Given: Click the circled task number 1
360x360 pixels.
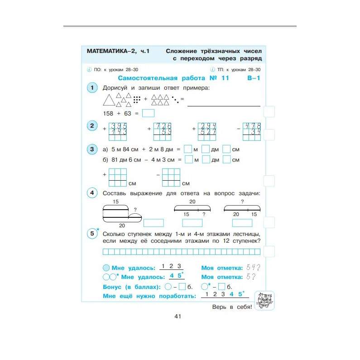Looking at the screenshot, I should click(x=92, y=87).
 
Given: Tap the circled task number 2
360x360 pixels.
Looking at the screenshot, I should click(x=92, y=126).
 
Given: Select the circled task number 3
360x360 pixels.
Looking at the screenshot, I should click(x=92, y=149).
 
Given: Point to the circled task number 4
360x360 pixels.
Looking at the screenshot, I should click(x=92, y=193).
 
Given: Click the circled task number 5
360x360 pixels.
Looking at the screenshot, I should click(x=92, y=234).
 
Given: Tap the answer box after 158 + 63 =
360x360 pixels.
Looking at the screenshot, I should click(x=148, y=114).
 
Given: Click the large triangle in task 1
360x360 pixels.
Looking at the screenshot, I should click(x=109, y=99).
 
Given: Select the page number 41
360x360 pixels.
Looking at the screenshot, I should click(x=178, y=316).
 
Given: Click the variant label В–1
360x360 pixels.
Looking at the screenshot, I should click(x=254, y=78).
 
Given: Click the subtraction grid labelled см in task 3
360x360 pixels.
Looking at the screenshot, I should click(x=171, y=177).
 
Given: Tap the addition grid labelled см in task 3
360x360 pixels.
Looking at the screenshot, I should click(x=118, y=177).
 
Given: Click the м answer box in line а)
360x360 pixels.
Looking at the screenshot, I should click(x=188, y=149).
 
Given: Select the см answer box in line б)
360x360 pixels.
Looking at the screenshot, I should click(x=227, y=159).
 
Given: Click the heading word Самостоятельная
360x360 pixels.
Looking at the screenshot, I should click(x=143, y=78).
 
